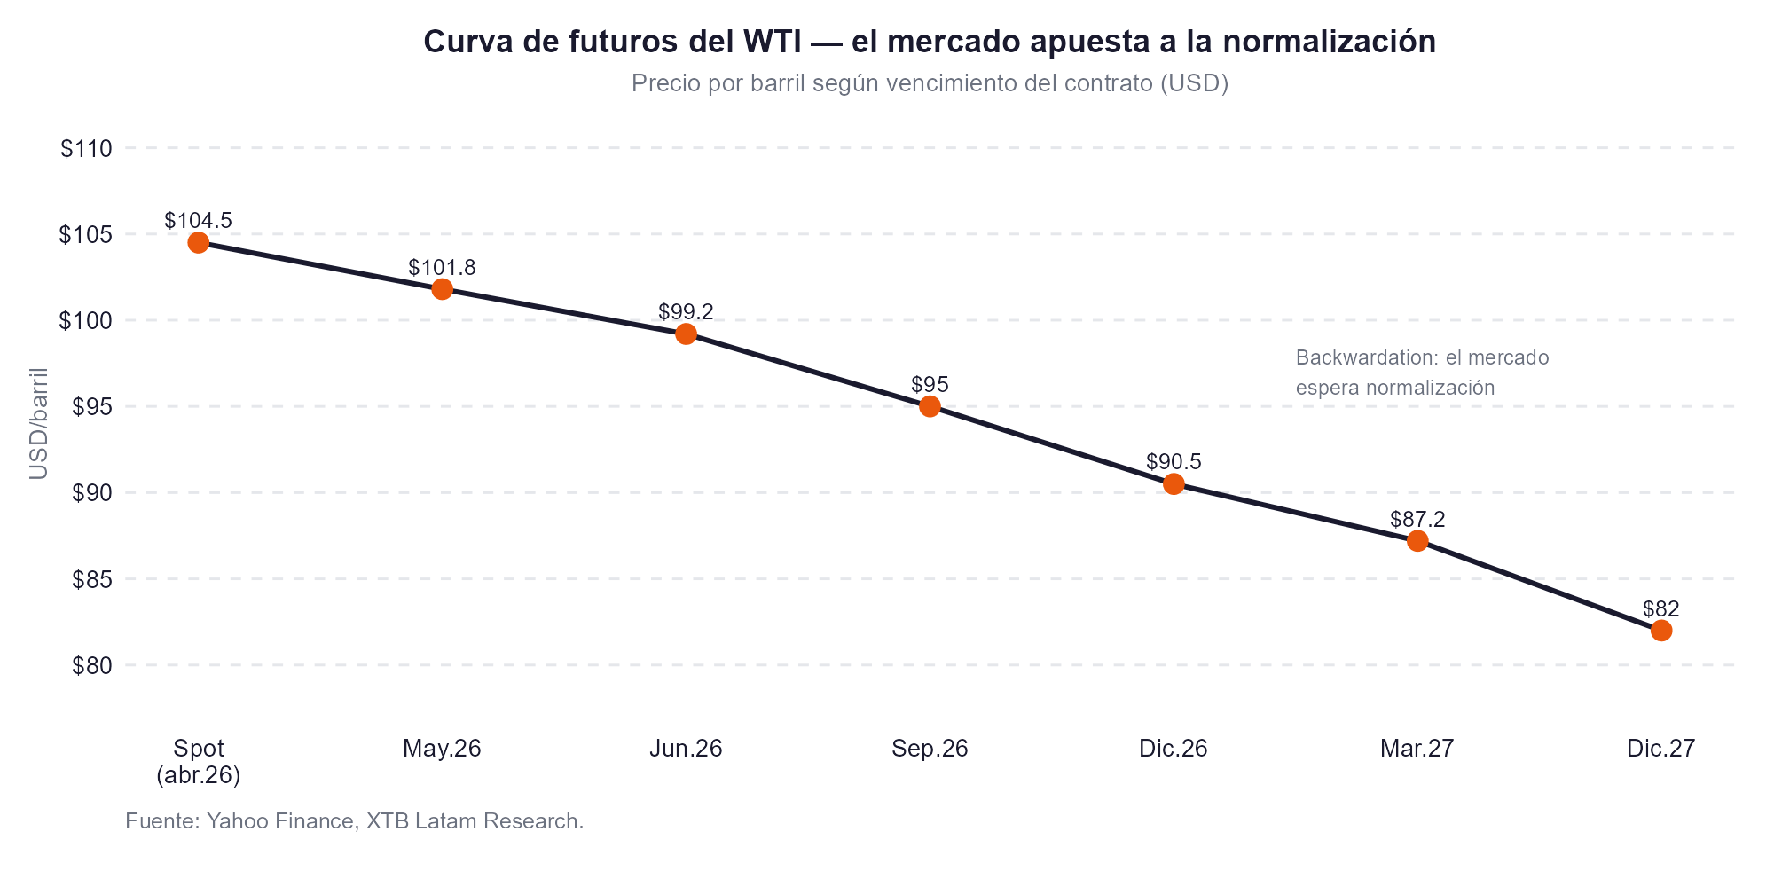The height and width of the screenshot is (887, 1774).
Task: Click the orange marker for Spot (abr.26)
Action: (x=198, y=243)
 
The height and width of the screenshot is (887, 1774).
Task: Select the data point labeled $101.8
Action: (x=442, y=289)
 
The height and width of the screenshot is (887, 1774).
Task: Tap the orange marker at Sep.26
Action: (x=930, y=406)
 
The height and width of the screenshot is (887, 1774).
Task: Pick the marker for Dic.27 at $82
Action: (x=1661, y=631)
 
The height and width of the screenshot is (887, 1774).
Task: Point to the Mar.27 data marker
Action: (x=1417, y=541)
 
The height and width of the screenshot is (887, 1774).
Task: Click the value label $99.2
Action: (x=686, y=311)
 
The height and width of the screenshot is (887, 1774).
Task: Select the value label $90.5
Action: (x=1174, y=461)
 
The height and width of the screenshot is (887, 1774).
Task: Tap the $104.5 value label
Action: (x=198, y=220)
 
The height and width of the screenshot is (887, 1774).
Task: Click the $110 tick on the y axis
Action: (x=86, y=149)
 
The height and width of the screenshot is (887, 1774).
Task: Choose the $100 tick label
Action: (x=86, y=321)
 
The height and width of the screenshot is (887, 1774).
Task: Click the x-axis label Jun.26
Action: (x=686, y=749)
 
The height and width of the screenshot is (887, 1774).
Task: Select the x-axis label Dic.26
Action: (x=1174, y=749)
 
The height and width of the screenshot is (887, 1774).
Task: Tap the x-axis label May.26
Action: (x=442, y=749)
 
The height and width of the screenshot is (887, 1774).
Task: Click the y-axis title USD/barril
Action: (x=38, y=423)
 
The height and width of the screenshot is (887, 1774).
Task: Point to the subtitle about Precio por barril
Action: (x=930, y=83)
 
